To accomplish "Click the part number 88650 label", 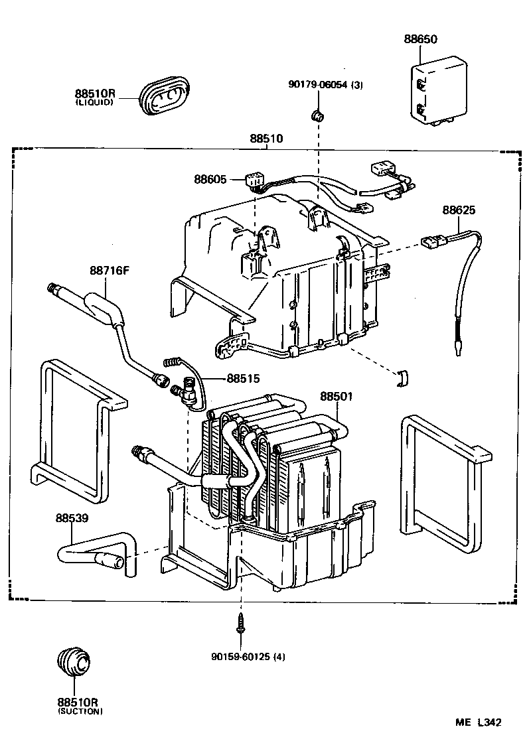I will pos(421,40).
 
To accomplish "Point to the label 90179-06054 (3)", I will pos(326,84).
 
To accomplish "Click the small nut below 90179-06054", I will pos(317,117).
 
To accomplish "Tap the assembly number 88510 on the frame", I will pos(266,139).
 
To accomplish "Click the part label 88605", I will pos(210,179).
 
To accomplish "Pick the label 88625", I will pos(459,210).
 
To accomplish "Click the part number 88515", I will pos(243,379).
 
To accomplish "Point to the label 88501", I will pos(337,396).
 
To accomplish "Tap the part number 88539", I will pos(72,517).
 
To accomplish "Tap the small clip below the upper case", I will pos(403,377).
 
